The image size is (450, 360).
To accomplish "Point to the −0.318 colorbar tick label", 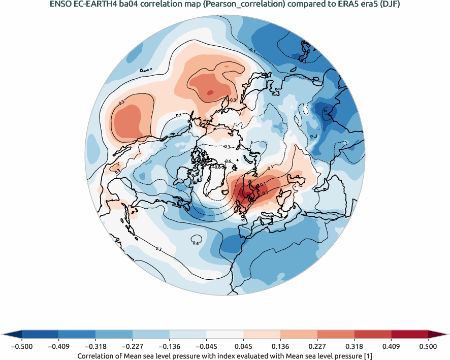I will tap(95, 346).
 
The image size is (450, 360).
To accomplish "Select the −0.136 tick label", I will tap(169, 346).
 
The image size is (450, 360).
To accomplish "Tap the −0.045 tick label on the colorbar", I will tap(206, 346).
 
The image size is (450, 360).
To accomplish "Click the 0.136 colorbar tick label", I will tap(280, 346).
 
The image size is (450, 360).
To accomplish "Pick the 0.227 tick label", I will tap(317, 346).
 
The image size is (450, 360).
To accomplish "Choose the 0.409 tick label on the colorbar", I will tap(391, 346).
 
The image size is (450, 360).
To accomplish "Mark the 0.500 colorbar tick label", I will tap(428, 346).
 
